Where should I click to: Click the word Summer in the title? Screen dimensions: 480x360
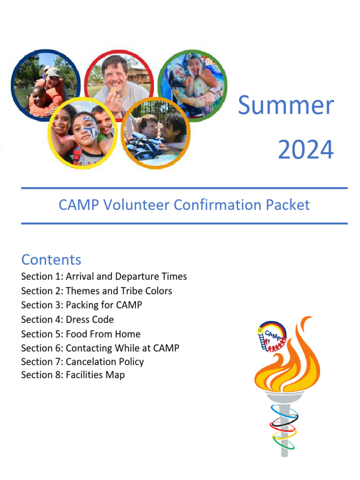pyautogui.click(x=285, y=105)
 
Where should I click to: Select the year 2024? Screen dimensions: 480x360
pyautogui.click(x=306, y=150)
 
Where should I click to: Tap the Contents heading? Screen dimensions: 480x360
pyautogui.click(x=51, y=260)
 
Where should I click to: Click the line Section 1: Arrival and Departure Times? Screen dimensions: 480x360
pyautogui.click(x=104, y=277)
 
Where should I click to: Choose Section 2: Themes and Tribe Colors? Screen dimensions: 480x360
pyautogui.click(x=96, y=291)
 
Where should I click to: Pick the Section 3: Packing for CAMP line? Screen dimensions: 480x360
pyautogui.click(x=81, y=305)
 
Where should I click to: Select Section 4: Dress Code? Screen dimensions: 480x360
pyautogui.click(x=67, y=320)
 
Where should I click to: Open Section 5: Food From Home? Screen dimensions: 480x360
pyautogui.click(x=81, y=334)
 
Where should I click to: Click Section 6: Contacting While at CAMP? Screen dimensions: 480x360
pyautogui.click(x=100, y=348)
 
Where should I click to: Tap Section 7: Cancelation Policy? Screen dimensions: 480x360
pyautogui.click(x=82, y=362)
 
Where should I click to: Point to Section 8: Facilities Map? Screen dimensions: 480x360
pyautogui.click(x=73, y=375)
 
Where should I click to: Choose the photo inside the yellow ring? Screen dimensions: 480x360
pyautogui.click(x=82, y=134)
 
